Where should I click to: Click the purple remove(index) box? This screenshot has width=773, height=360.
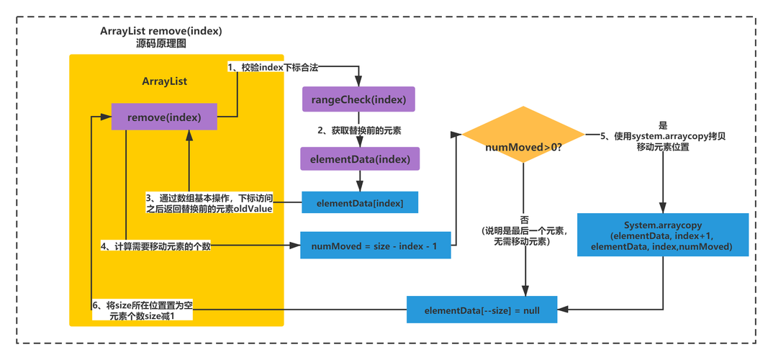click(163, 117)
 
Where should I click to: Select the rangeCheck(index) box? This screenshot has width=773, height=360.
click(359, 99)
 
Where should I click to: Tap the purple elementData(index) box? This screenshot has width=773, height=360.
click(359, 158)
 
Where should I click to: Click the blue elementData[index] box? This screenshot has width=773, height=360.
click(359, 204)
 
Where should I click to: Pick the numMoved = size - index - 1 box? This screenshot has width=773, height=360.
click(374, 246)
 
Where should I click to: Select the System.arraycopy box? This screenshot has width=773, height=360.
click(661, 235)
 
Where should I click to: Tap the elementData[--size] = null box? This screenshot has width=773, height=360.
click(482, 310)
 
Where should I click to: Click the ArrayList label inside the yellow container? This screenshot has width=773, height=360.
click(164, 81)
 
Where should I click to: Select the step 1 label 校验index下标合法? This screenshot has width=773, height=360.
click(273, 67)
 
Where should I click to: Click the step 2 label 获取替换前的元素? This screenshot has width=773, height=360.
click(359, 130)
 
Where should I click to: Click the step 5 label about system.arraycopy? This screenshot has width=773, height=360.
click(661, 142)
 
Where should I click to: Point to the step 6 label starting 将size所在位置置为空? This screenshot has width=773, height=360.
click(143, 310)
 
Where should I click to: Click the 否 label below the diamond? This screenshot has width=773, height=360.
click(524, 219)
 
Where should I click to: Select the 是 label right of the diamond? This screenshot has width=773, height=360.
click(662, 124)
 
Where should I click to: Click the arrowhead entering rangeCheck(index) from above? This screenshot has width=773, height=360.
click(358, 84)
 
